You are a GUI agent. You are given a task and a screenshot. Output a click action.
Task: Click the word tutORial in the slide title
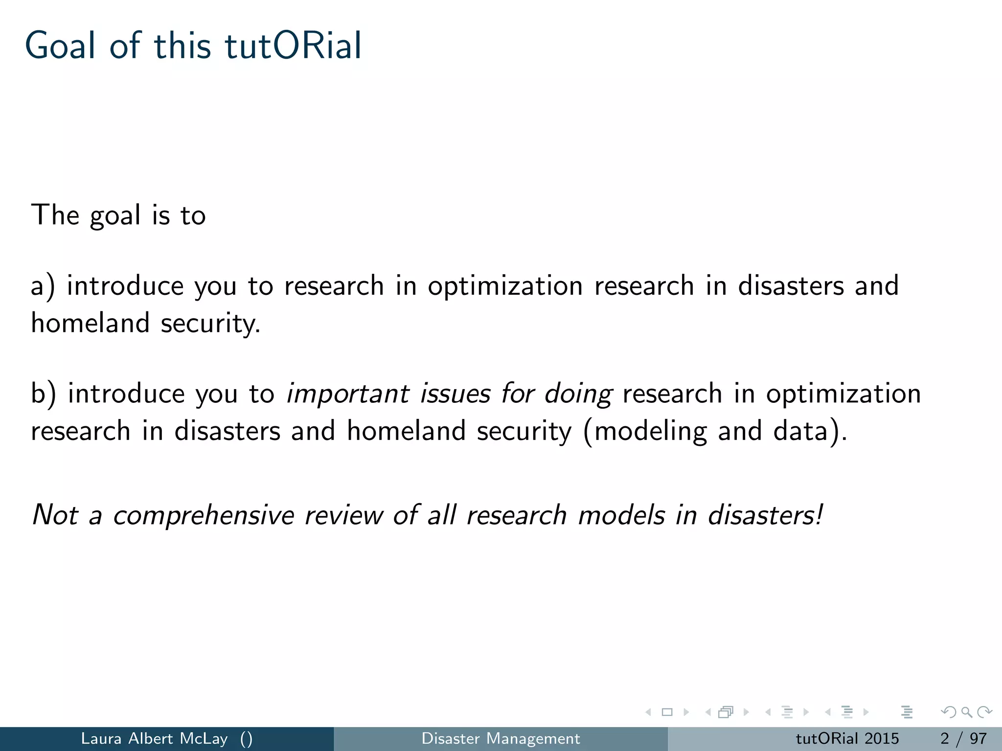pos(293,45)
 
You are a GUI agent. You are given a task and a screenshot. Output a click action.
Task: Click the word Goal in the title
pos(60,45)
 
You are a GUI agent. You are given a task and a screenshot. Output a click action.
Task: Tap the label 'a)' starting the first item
pos(43,286)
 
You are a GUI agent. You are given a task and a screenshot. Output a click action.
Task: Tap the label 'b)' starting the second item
pos(43,394)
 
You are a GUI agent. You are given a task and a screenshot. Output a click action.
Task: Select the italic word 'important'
pos(347,394)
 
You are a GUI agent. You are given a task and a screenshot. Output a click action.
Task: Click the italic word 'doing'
pos(578,394)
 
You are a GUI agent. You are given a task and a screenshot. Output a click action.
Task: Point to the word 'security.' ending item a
pos(210,324)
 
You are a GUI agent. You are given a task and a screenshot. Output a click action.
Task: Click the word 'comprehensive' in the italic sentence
pos(203,515)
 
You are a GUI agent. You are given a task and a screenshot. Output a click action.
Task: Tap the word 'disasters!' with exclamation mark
pos(765,515)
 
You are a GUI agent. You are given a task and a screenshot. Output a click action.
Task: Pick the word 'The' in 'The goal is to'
pos(55,215)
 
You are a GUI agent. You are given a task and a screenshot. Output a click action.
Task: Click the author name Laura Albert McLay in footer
pos(154,738)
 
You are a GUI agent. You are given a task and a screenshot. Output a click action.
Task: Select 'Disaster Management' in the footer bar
pos(501,738)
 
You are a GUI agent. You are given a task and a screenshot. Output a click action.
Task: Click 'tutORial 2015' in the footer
pos(847,738)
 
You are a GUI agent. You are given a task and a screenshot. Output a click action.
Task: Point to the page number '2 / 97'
pos(963,738)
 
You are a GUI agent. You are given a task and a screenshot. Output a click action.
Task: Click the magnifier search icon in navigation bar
pos(966,712)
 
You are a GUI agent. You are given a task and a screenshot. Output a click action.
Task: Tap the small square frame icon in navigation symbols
pos(667,712)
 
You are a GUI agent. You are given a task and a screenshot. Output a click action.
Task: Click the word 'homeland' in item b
pos(406,431)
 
